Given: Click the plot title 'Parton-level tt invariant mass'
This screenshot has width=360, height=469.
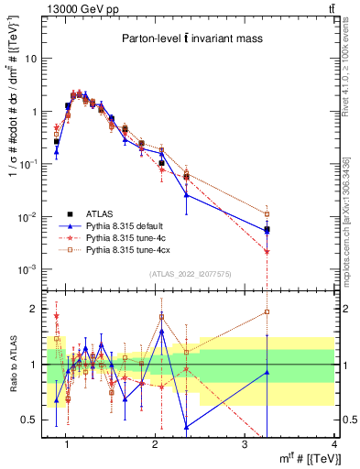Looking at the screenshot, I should (x=188, y=39).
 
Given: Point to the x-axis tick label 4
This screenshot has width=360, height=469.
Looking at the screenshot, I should (x=333, y=445).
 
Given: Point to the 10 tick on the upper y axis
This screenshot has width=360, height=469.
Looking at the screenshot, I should (x=31, y=59).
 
